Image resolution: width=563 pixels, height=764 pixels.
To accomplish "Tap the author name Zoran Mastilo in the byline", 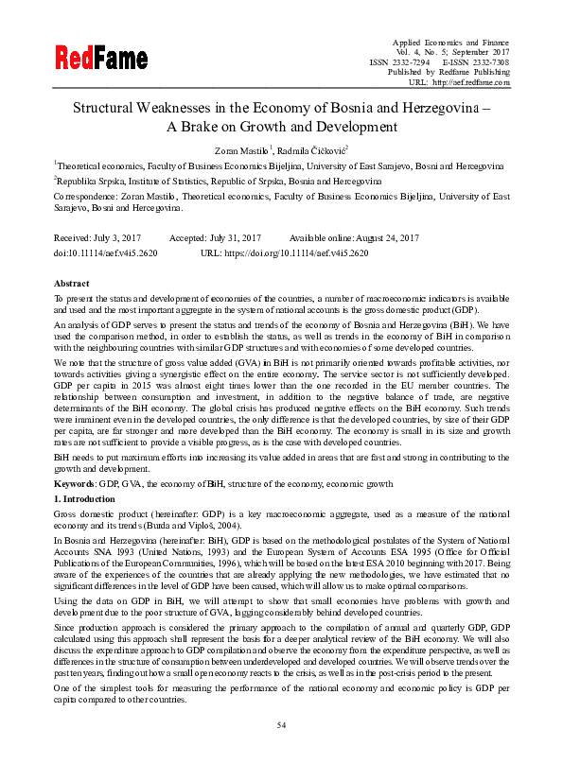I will point(240,149).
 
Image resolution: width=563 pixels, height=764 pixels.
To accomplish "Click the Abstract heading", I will point(71,284).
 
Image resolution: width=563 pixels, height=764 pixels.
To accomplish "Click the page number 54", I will point(281,724).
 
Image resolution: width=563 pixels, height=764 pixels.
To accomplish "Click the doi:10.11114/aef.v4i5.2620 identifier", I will point(105,254).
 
